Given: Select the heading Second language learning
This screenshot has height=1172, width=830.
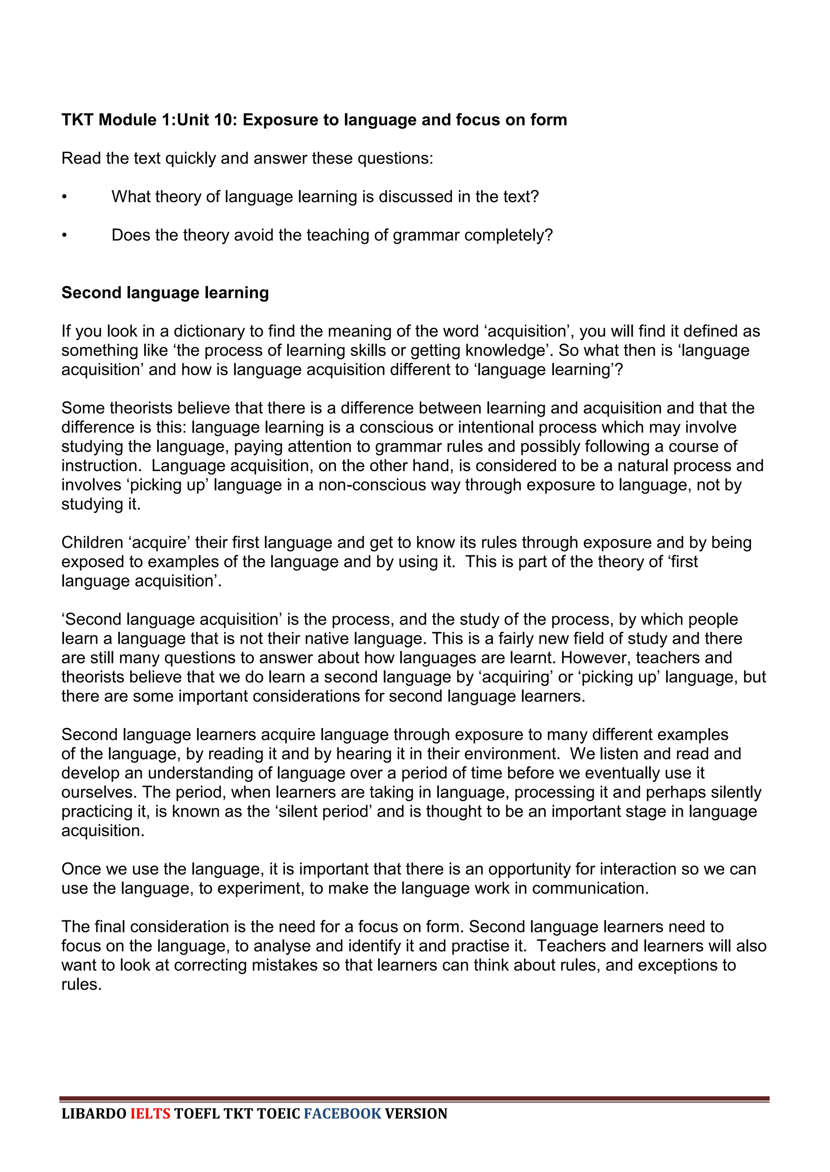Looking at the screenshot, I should pyautogui.click(x=165, y=293).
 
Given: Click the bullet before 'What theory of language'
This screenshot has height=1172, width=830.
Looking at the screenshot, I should pyautogui.click(x=64, y=197).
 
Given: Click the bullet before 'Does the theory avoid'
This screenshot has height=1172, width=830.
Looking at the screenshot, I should pyautogui.click(x=64, y=235).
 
